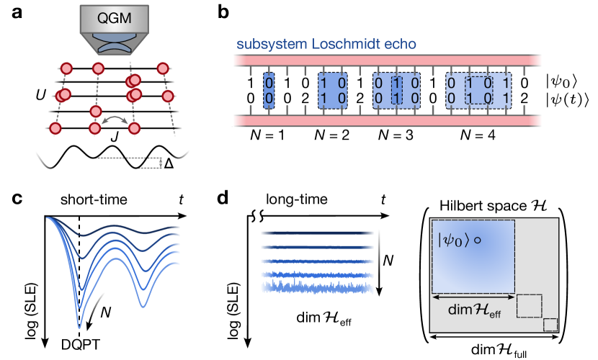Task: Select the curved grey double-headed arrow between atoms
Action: coord(114,120)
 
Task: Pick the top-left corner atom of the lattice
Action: coord(66,68)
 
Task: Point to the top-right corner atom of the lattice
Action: coord(163,68)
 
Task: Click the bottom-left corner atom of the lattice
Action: coord(55,128)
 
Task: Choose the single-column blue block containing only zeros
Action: coord(269,91)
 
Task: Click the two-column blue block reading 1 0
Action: coord(332,91)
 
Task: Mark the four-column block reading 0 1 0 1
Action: coord(478,91)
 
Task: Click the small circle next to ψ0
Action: coord(477,240)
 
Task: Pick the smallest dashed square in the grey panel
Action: coord(550,325)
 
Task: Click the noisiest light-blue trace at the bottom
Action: coord(318,287)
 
